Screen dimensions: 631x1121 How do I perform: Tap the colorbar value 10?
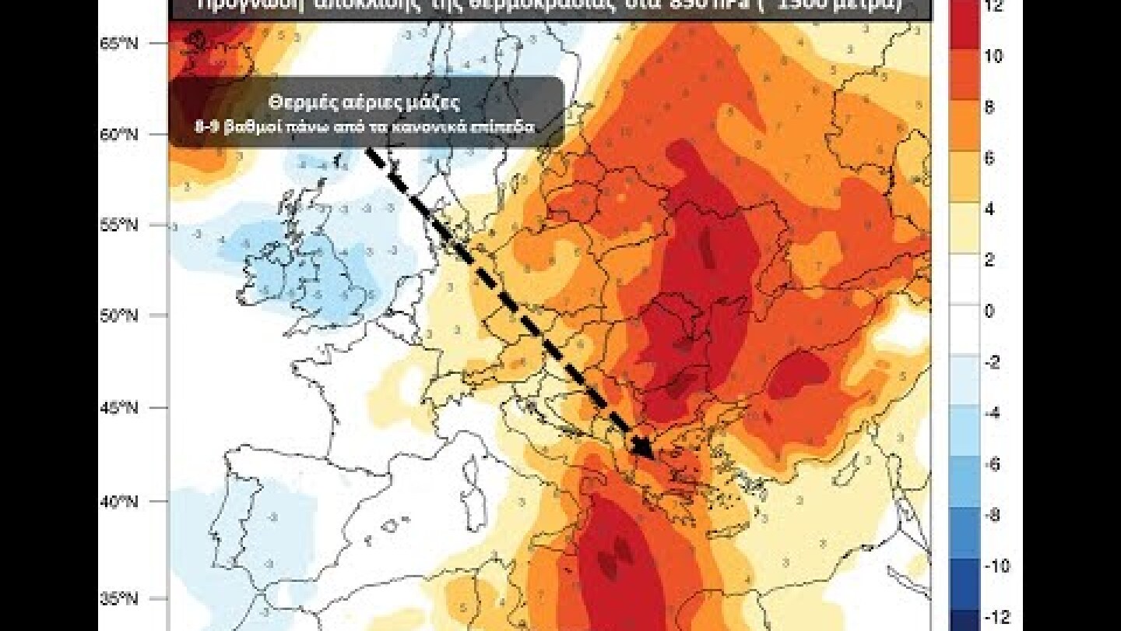pos(993,56)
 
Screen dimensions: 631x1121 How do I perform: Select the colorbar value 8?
pos(989,108)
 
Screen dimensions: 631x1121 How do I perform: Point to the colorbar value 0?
pos(989,312)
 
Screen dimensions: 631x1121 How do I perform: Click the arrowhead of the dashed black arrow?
pos(643,447)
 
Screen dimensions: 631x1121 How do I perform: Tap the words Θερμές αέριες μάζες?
pos(364,101)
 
